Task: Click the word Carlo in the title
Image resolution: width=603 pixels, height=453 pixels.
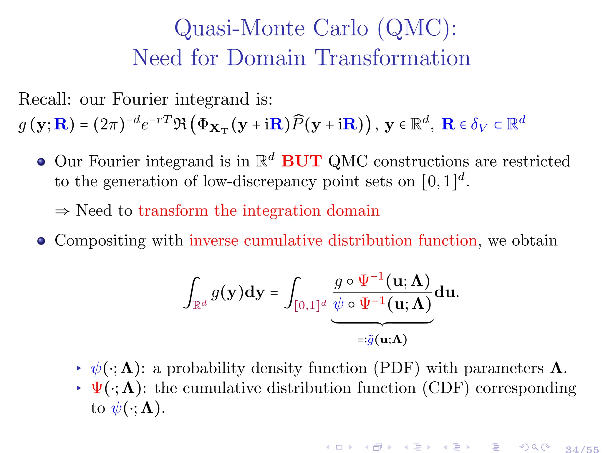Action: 340,28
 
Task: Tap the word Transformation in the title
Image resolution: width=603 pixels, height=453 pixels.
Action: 393,58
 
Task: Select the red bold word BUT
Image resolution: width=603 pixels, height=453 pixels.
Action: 301,161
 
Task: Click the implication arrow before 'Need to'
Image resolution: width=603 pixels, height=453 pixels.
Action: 62,211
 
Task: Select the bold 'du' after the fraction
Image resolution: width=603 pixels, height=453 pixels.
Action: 445,292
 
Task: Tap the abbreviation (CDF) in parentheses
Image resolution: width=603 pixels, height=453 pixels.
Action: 445,388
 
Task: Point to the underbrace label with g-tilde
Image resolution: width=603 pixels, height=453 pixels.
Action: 382,340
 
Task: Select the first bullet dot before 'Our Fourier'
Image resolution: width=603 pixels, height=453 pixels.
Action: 41,162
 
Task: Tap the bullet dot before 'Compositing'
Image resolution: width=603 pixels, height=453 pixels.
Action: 41,241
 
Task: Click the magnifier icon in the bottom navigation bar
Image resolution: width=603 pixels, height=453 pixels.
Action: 535,447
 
